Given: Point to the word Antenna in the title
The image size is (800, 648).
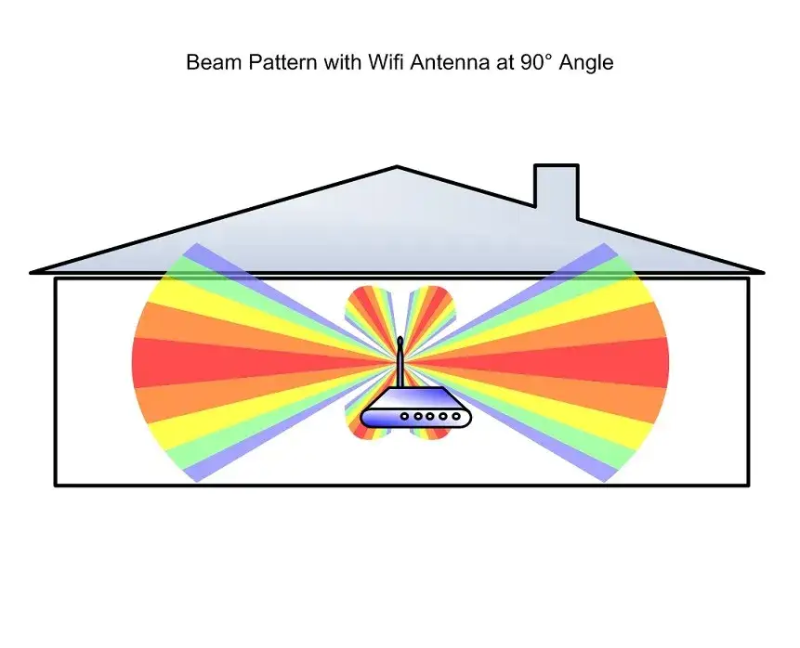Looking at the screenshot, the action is [x=449, y=62].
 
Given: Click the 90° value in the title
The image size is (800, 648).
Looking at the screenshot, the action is [x=536, y=62].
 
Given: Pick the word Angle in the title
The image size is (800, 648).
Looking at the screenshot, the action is [x=586, y=63].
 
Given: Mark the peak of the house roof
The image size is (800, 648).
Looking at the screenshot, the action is [x=397, y=166].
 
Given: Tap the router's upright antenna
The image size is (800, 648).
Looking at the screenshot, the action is [x=400, y=362].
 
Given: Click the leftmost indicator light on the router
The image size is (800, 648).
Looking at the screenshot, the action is [x=404, y=417].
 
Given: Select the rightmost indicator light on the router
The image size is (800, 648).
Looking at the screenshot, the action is [x=456, y=417].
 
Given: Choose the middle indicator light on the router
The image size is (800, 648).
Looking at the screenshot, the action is [x=430, y=417].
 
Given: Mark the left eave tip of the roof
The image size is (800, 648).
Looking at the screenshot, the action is [x=31, y=273].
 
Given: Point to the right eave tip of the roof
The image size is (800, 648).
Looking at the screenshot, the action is [x=764, y=273].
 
